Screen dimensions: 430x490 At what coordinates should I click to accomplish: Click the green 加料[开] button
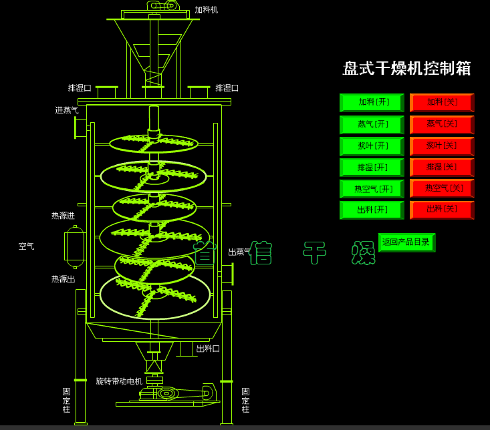click(372, 102)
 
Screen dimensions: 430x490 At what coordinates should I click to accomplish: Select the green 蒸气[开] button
click(372, 124)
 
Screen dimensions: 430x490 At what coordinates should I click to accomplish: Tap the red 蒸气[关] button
click(442, 124)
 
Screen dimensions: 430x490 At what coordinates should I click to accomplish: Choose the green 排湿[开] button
click(372, 167)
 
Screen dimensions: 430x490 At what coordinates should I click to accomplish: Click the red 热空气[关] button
click(442, 188)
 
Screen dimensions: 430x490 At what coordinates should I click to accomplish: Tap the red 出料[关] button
click(442, 210)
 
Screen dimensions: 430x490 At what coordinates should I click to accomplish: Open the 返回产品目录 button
click(406, 242)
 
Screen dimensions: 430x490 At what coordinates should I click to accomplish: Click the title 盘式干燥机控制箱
click(406, 68)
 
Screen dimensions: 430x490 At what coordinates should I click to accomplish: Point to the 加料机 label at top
click(207, 10)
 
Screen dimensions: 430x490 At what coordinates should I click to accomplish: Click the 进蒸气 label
click(67, 110)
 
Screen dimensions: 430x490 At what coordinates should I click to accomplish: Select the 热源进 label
click(64, 216)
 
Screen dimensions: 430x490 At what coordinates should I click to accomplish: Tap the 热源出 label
click(64, 279)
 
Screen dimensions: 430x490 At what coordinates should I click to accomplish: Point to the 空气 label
click(27, 246)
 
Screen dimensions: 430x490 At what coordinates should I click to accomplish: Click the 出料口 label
click(208, 349)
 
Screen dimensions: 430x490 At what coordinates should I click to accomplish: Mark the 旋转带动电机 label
click(119, 381)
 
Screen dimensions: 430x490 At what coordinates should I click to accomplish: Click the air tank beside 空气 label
click(75, 246)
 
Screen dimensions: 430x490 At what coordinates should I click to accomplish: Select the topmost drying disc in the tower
click(154, 143)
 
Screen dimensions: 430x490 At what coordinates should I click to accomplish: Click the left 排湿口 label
click(80, 88)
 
